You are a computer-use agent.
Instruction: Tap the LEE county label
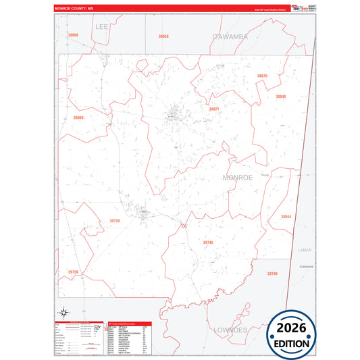pos(102,26)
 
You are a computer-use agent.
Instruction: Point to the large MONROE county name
pos(238,177)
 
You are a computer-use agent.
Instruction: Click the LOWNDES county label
pos(231,330)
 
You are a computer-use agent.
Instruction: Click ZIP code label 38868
pos(73,34)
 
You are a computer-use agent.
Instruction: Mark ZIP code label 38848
pos(280,97)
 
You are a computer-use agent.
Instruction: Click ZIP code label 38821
pos(213,109)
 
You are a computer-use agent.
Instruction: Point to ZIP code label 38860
pos(78,118)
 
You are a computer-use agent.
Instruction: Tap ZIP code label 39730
pos(115,220)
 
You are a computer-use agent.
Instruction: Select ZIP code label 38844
pos(286,216)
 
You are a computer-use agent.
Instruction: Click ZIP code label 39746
pos(207,242)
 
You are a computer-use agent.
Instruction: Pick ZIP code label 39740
pos(272,274)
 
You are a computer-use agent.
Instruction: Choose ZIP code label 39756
pos(74,272)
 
